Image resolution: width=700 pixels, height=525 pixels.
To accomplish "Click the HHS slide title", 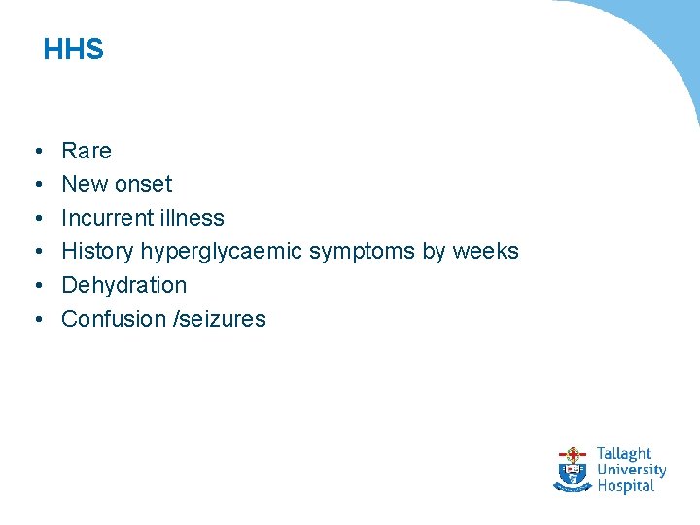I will pyautogui.click(x=74, y=50).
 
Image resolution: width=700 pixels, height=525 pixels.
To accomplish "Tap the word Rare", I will pyautogui.click(x=87, y=151).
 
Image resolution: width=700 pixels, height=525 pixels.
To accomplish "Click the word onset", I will pyautogui.click(x=143, y=184).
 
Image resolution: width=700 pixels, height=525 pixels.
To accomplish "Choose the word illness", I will pyautogui.click(x=194, y=218).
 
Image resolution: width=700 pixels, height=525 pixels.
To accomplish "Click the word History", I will pyautogui.click(x=97, y=251).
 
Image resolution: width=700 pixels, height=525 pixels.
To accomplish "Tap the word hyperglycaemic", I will pyautogui.click(x=222, y=252).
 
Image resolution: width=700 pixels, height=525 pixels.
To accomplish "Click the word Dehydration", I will pyautogui.click(x=123, y=285).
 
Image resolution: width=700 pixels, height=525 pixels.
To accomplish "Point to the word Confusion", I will pyautogui.click(x=112, y=319).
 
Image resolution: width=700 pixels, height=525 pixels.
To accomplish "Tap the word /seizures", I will pyautogui.click(x=219, y=319).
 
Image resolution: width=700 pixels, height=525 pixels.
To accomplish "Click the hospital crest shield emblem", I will pyautogui.click(x=573, y=470).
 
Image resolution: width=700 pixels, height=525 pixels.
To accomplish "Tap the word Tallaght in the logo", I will pyautogui.click(x=623, y=454).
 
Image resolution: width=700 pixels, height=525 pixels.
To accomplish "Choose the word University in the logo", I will pyautogui.click(x=631, y=470).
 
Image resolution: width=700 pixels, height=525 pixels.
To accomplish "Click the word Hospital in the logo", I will pyautogui.click(x=625, y=485).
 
